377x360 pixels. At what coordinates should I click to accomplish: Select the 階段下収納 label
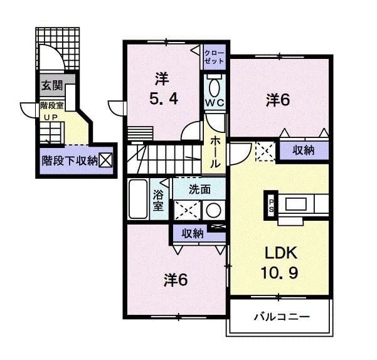[x=68, y=161]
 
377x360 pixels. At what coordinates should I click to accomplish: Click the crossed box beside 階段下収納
[x=105, y=161]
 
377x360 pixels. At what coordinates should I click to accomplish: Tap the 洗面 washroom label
[x=200, y=188]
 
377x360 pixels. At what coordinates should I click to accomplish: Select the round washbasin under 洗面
[x=214, y=210]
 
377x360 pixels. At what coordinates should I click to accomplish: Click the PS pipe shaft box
[x=271, y=205]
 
